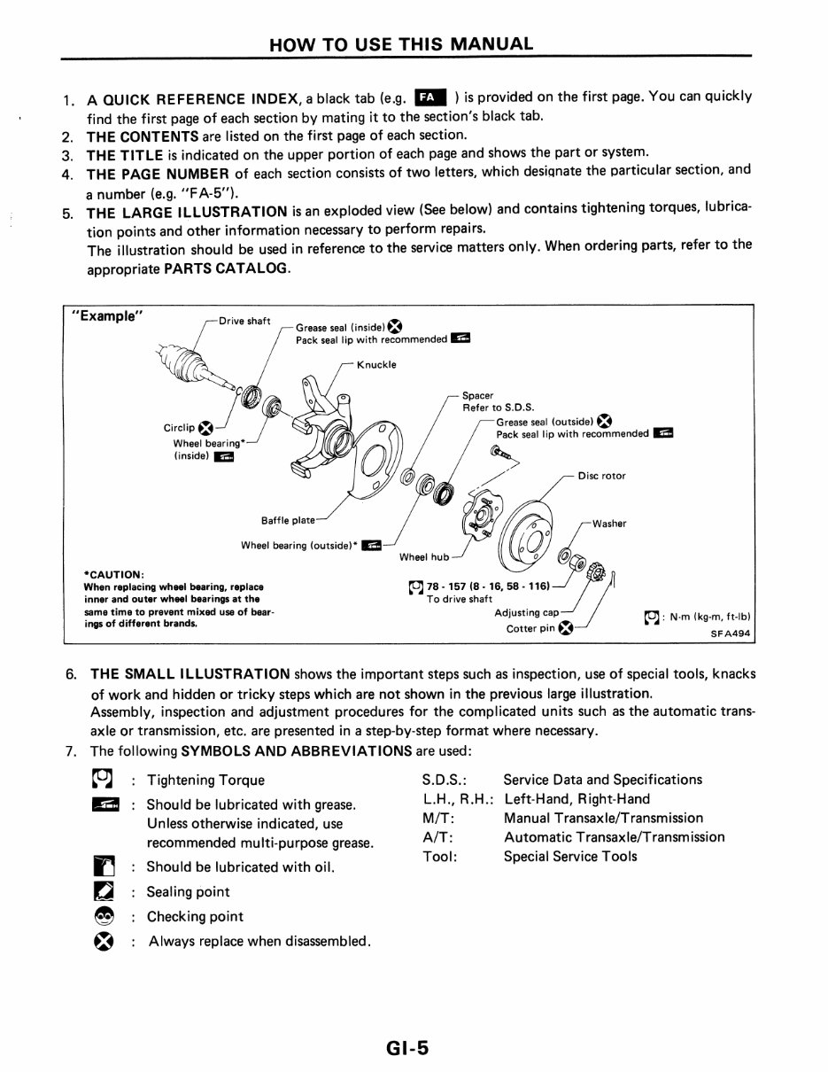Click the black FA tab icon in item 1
click(430, 97)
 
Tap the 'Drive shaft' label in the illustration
click(244, 321)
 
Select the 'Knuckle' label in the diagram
click(376, 364)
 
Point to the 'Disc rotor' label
click(601, 476)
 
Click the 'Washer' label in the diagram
click(609, 524)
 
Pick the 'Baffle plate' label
click(287, 520)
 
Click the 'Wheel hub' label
click(424, 557)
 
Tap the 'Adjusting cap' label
click(526, 612)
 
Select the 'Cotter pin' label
click(530, 629)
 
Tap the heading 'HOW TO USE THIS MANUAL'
click(401, 43)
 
